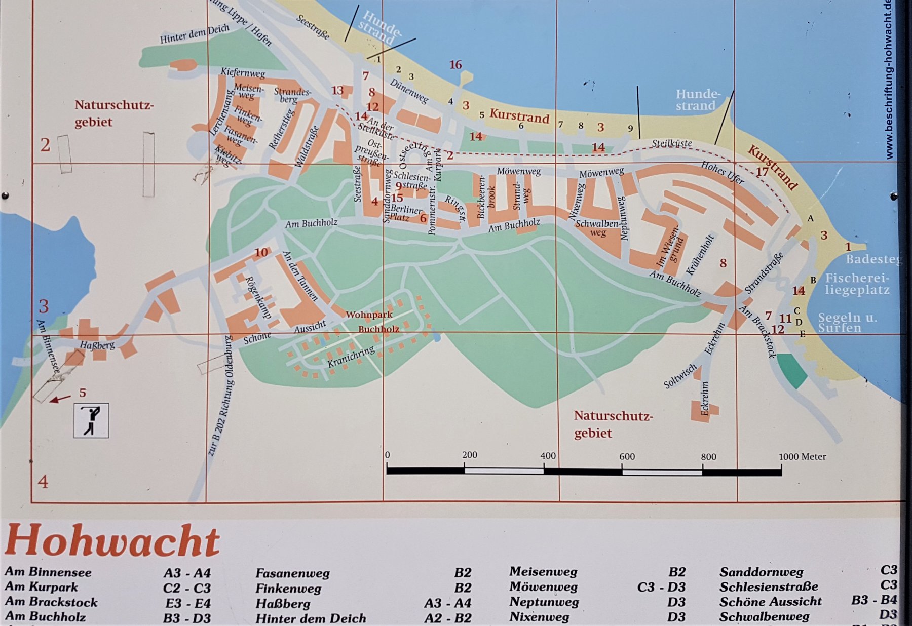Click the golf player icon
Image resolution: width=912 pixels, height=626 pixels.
[x=91, y=420]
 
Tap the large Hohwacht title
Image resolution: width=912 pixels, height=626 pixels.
[x=112, y=541]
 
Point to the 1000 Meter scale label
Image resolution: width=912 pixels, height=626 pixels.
[x=802, y=456]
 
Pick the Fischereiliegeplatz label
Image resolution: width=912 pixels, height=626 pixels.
[x=857, y=284]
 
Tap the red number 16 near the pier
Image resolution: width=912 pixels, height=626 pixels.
[x=455, y=64]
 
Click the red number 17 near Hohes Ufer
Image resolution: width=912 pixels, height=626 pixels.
[x=762, y=172]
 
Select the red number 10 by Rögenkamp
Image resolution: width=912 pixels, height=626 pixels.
[x=261, y=252]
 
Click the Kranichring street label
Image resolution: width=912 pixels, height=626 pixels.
[x=351, y=357]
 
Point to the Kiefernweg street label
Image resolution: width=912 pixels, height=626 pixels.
[x=243, y=73]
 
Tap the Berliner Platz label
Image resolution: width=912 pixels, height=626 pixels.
[x=405, y=213]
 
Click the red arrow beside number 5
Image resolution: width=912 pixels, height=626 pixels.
[x=60, y=399]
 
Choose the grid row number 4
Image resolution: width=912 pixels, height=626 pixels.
[x=43, y=481]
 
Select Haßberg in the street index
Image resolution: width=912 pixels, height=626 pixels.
[x=283, y=604]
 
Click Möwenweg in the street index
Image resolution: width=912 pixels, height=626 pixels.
[x=543, y=587]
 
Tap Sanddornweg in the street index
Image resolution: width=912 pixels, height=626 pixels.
[x=761, y=572]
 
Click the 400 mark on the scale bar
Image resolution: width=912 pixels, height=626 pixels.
[x=548, y=456]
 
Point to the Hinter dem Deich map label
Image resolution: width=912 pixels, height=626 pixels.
[x=195, y=34]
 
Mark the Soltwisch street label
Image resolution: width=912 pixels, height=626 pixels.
[x=680, y=376]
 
